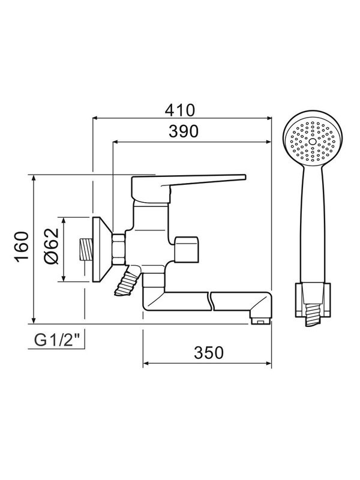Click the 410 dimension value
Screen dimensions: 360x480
[179, 110]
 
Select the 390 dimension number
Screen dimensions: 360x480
[184, 131]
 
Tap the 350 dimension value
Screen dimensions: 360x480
[209, 353]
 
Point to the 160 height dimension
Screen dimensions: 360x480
[22, 246]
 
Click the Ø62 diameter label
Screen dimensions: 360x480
[51, 246]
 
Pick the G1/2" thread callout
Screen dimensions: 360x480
[56, 340]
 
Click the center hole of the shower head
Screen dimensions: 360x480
[312, 142]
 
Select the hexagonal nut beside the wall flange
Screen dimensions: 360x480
[118, 249]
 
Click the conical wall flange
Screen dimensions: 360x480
[102, 250]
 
